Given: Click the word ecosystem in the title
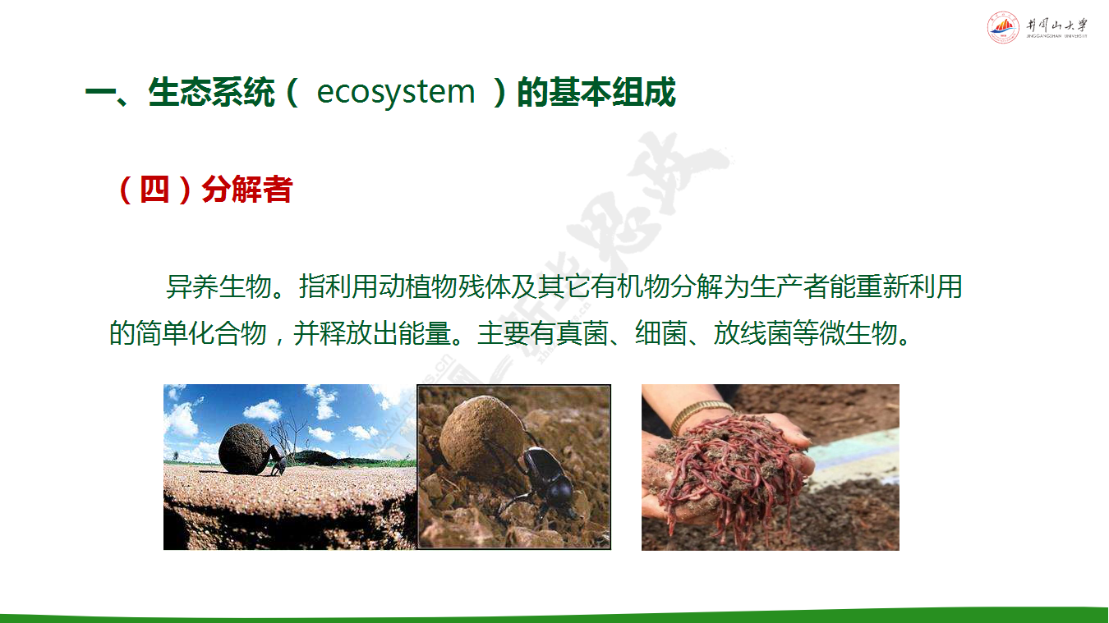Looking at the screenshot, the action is coord(396,92).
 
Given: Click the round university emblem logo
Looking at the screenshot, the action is coord(1003,27).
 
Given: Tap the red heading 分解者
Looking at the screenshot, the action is coord(247,189).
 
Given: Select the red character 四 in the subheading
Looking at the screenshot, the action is coord(154,189).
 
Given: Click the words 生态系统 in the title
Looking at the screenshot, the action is coord(211,92).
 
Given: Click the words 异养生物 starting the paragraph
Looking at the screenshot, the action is coord(219,286).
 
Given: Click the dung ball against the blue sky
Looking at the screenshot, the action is coord(245,449).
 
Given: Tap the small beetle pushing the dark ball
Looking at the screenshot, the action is coord(278,460).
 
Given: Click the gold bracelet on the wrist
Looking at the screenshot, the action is coord(698,414).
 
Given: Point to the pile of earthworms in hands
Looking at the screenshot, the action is coord(733,470).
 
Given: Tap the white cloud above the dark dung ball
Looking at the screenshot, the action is coord(262,410).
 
